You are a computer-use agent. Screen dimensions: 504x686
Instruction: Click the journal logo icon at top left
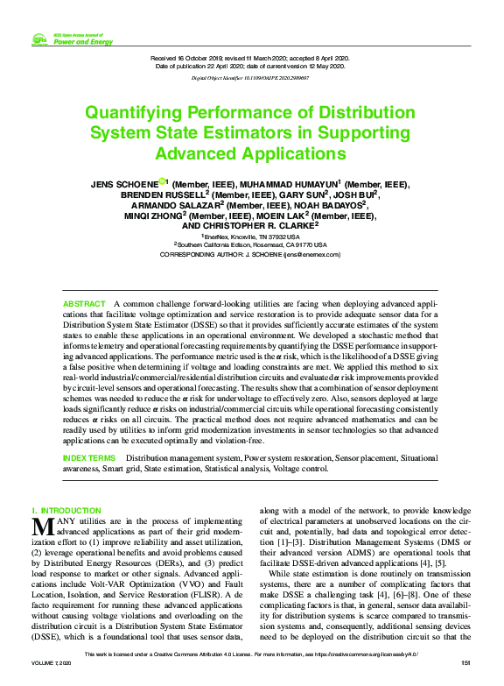point(38,39)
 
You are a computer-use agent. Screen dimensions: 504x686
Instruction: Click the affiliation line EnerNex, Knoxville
point(251,237)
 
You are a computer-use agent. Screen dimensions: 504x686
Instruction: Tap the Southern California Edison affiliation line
point(251,245)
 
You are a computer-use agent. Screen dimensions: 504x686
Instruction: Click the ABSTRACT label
point(83,302)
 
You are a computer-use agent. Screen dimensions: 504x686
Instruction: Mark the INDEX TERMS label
point(89,458)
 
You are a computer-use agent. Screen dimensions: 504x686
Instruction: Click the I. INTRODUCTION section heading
point(66,510)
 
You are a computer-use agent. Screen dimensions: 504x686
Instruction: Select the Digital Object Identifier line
point(251,78)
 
